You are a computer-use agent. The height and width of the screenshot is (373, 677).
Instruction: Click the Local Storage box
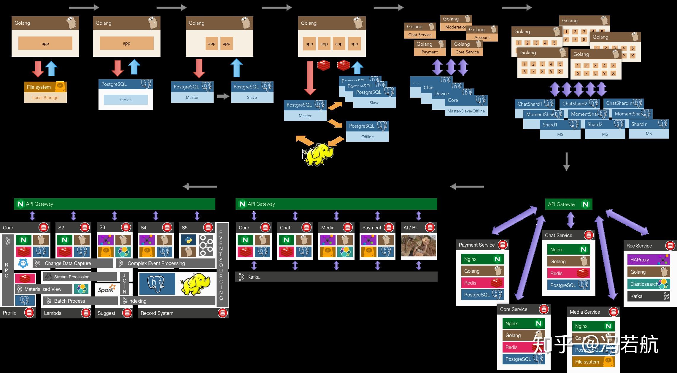coord(45,98)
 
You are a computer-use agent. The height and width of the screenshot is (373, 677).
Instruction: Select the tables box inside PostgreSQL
coord(125,100)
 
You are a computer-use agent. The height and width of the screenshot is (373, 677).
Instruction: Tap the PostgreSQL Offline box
coord(367,131)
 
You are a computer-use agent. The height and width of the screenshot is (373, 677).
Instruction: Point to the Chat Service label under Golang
coord(420,35)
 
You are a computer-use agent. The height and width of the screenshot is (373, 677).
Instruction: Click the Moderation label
coord(455,27)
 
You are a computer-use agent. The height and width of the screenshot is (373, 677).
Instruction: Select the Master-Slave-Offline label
coord(466,111)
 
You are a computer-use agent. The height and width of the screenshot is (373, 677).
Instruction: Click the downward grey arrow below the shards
coord(566,161)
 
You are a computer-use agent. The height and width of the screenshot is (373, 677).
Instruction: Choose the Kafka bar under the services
coord(336,277)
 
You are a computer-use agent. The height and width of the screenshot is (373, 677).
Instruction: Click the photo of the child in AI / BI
coord(419,245)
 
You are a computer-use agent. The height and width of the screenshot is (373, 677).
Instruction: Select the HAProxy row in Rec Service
coord(648,260)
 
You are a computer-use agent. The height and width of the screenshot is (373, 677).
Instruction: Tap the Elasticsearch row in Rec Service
coord(648,284)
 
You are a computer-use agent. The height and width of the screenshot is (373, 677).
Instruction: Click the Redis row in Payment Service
coord(482,283)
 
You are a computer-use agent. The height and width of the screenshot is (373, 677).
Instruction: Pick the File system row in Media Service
coord(593,362)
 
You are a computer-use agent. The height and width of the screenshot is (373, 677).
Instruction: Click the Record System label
coord(157,313)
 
